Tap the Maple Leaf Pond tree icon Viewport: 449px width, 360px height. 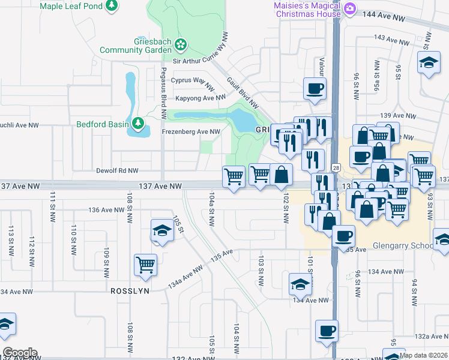click(x=111, y=5)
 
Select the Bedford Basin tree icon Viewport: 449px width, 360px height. click(x=139, y=124)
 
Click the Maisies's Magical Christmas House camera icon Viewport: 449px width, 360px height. click(x=351, y=9)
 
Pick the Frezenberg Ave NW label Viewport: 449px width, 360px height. click(x=191, y=131)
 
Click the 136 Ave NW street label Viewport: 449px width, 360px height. click(x=106, y=210)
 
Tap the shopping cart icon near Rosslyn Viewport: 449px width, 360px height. click(x=146, y=265)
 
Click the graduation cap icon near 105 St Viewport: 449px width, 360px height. click(x=161, y=230)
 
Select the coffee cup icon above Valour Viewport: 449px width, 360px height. click(x=315, y=89)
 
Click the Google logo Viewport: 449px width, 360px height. click(x=20, y=353)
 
